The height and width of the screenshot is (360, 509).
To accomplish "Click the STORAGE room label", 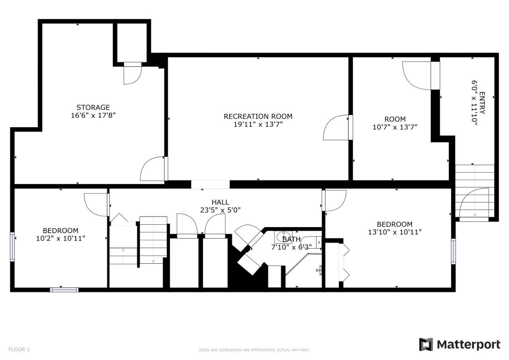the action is (93, 107).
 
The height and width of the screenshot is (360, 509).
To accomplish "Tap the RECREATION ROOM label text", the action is (258, 117).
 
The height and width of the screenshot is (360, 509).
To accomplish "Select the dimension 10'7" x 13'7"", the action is (395, 127).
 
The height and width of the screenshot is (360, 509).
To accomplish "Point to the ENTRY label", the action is (482, 103).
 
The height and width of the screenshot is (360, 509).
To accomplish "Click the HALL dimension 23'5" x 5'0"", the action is (220, 210).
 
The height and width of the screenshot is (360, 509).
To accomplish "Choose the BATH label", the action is (291, 239).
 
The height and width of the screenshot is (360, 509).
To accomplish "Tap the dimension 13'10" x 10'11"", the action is (395, 232).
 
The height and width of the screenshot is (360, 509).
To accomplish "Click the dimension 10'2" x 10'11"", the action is (61, 238).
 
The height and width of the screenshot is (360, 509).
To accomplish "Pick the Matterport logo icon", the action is (426, 344).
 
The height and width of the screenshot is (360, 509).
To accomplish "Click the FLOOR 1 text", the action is (19, 349).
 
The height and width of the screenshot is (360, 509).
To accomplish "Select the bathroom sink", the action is (283, 237).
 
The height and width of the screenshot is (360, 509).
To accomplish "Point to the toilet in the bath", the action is (311, 243).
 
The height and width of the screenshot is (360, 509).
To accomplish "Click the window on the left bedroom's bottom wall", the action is (64, 290).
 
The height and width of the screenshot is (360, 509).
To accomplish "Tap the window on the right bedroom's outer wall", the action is (454, 251).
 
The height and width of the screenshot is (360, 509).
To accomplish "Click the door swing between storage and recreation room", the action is (152, 169).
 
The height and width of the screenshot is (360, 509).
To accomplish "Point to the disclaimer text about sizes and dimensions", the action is (254, 350).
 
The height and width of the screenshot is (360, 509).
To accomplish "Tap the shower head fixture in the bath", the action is (319, 270).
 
